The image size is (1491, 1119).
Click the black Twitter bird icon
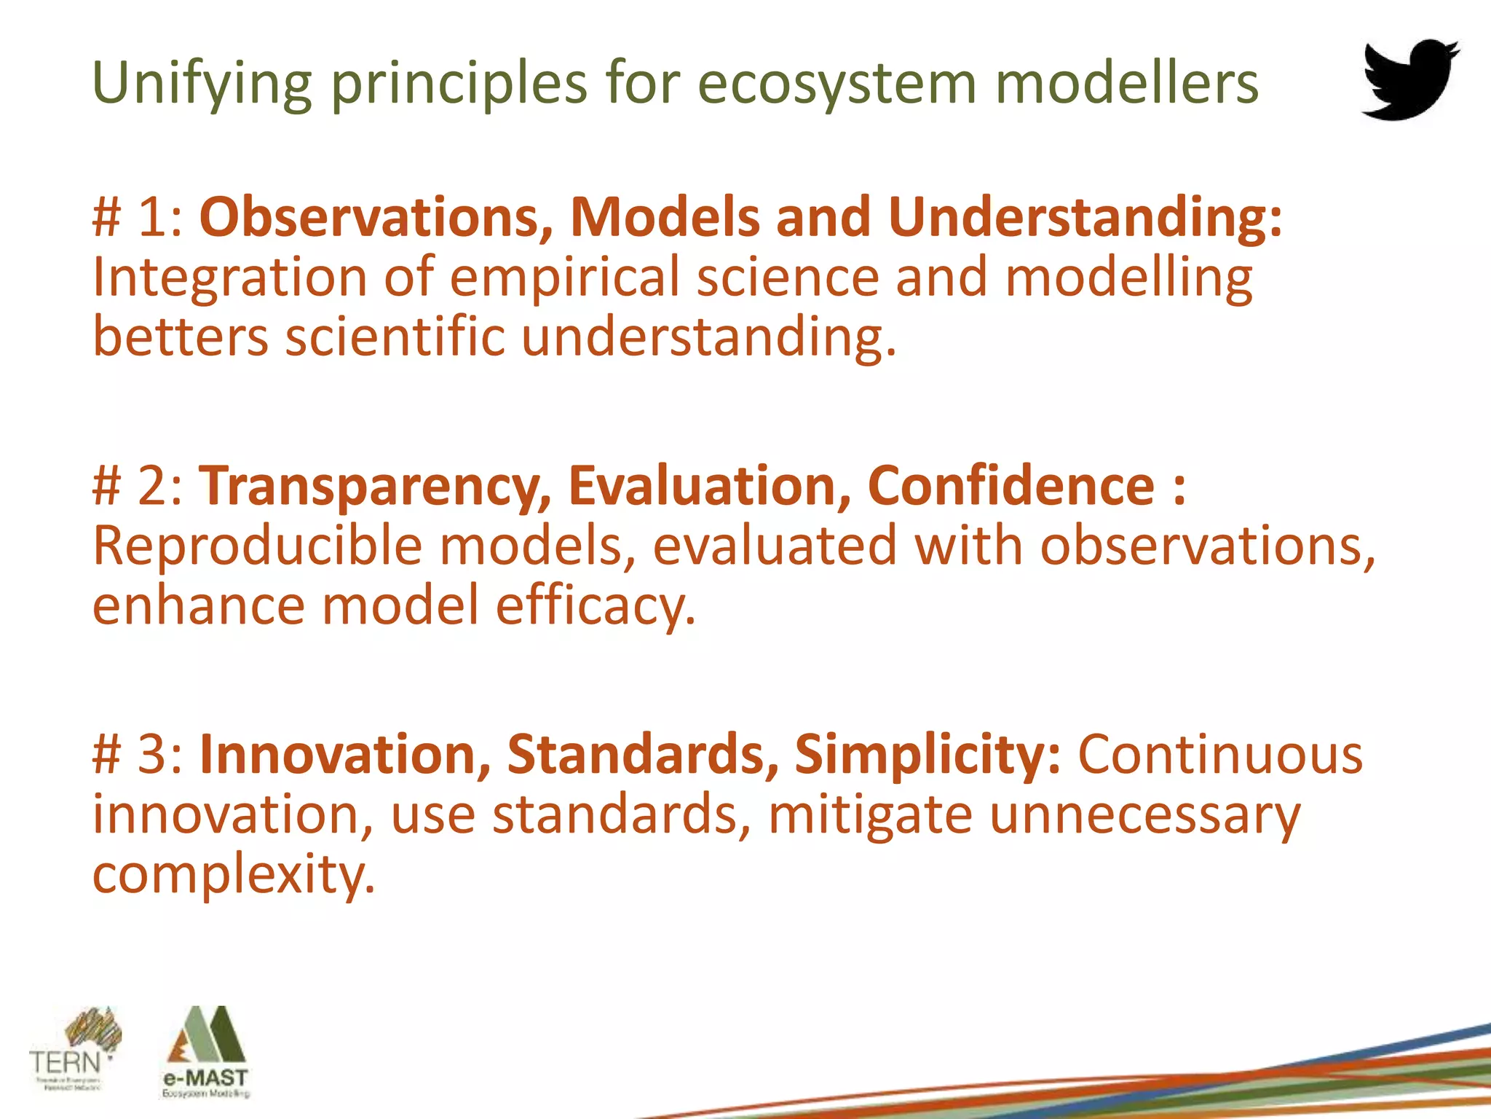(x=1410, y=79)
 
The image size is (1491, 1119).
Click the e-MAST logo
(x=206, y=1052)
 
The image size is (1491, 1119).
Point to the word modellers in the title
(x=1126, y=83)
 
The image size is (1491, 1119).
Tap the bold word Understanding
(x=1085, y=217)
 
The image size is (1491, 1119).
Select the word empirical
(x=564, y=278)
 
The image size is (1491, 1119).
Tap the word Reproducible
(x=258, y=546)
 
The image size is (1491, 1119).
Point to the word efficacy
(x=596, y=606)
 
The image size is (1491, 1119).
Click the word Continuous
(x=1219, y=754)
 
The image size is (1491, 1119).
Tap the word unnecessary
(x=1144, y=814)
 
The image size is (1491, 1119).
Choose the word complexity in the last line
(x=233, y=874)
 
